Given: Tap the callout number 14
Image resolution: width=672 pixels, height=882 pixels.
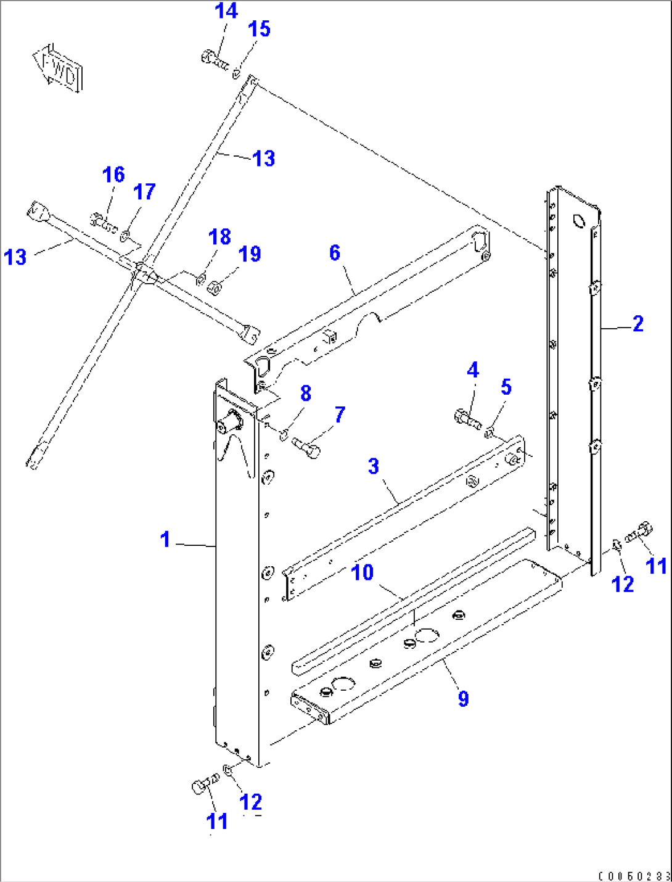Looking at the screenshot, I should coord(226,11).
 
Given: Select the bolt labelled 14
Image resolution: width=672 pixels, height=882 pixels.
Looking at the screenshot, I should coord(213,60).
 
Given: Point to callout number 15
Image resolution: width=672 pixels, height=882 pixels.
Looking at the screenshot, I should coord(259,29).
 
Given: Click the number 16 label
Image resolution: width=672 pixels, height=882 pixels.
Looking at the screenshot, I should coord(113,175).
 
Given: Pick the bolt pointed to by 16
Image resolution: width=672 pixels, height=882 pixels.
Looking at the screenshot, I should coord(103,222).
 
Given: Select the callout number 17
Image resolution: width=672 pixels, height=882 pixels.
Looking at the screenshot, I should coord(144,192).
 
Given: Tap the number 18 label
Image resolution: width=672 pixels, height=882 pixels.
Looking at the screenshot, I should coord(219,237).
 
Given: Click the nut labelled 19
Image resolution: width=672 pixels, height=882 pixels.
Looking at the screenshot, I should coord(215,287).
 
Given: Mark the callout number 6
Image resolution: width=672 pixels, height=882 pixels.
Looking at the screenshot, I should coord(335,253).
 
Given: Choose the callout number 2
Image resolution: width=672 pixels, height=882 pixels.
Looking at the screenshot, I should coord(638,324).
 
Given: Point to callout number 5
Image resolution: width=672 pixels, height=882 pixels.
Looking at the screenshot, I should coord(506,387).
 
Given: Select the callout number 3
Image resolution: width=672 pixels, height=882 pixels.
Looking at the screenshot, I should coord(374,466).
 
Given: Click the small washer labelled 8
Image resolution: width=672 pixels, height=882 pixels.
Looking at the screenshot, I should coord(283,435).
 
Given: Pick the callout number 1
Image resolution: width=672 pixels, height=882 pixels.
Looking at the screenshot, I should coord(165,540).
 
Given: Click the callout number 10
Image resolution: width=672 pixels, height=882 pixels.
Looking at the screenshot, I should coord(363,572).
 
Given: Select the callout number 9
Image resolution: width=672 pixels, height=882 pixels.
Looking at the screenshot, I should coord(463,699).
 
